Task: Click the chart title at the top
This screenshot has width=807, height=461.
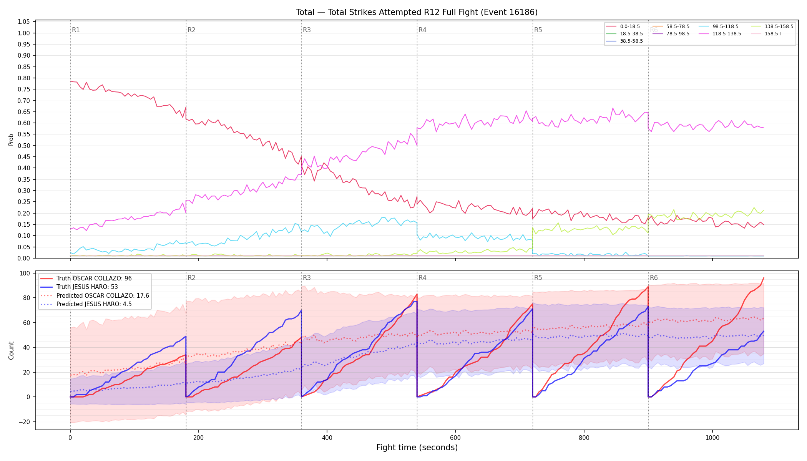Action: point(417,12)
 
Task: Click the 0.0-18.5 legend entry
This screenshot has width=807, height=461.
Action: point(623,27)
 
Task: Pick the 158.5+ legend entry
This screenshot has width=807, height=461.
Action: point(765,34)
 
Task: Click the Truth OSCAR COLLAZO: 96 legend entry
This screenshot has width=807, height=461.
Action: point(86,279)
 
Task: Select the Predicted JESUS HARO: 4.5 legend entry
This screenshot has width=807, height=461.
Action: point(86,304)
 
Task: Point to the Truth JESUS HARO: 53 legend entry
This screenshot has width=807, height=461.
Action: point(79,287)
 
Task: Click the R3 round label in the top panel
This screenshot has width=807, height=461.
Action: point(307,30)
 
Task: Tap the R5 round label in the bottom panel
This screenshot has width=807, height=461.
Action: point(538,278)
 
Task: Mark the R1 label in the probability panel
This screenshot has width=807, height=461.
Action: point(76,30)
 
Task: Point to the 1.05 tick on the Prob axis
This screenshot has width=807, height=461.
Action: point(24,22)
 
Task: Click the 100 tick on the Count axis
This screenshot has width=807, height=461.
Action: point(25,274)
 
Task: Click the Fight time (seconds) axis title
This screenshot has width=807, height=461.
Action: point(417,448)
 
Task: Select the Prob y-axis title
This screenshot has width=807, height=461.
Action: point(11,140)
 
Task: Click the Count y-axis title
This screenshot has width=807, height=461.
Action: point(11,350)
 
